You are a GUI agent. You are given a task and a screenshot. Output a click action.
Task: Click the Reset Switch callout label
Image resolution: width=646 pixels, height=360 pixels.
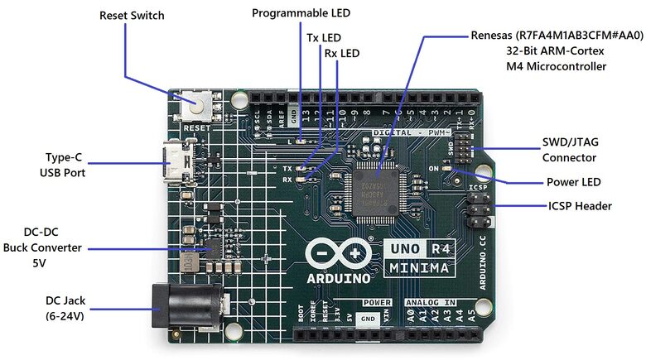(132, 16)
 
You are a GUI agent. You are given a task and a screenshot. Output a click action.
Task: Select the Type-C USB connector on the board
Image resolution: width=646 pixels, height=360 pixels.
(176, 163)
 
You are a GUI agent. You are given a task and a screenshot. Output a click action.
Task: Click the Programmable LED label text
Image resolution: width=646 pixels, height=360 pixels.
(301, 13)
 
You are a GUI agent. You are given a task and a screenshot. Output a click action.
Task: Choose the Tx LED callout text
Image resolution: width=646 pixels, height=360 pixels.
(324, 38)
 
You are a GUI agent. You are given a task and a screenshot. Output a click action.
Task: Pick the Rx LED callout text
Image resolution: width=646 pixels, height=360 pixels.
(342, 54)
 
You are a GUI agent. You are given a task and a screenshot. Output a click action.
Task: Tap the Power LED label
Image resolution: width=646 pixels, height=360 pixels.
(573, 182)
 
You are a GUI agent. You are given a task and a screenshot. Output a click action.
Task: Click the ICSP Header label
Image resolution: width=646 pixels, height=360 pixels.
(580, 206)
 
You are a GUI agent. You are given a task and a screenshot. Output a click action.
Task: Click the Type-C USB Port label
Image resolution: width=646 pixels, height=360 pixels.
(62, 164)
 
